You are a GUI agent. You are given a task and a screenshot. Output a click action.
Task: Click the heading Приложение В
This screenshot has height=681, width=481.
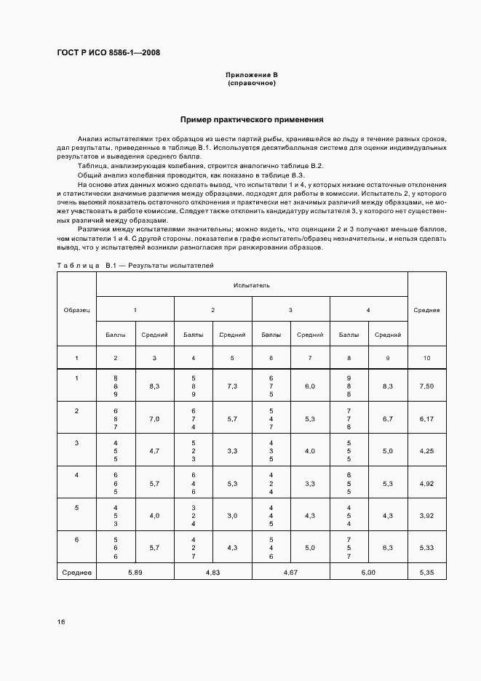[x=252, y=75]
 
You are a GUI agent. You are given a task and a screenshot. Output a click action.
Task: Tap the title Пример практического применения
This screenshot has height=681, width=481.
[x=252, y=119]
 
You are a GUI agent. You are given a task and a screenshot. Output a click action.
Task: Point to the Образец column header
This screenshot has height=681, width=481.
[x=76, y=310]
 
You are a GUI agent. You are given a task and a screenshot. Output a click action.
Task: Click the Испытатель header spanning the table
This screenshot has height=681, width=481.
[x=252, y=285]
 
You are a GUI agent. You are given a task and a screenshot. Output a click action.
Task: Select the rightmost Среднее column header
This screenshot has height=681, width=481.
[x=426, y=310]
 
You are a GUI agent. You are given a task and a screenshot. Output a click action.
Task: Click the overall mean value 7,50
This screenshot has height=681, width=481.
[x=426, y=386]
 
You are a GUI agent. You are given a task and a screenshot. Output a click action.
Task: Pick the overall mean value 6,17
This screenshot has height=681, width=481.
[x=426, y=419]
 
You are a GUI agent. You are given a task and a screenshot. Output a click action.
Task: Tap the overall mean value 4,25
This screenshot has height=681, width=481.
[x=426, y=451]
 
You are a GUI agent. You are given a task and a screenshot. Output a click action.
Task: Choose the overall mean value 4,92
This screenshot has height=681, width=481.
[x=426, y=483]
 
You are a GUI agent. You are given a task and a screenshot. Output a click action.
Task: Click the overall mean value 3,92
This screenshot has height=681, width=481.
[x=426, y=516]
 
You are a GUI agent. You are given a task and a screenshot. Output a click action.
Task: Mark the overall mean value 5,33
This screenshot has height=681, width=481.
[x=426, y=548]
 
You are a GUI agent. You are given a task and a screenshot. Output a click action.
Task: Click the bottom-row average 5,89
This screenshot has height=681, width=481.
[x=135, y=573]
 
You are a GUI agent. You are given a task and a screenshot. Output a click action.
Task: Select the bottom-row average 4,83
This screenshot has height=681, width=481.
[x=212, y=573]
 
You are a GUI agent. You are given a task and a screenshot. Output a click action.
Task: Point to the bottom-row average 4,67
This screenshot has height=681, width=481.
[x=290, y=573]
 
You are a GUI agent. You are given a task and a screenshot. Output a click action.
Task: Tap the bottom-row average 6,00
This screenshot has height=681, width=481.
[x=368, y=573]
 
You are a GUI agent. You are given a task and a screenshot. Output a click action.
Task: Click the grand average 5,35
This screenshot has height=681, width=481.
[x=426, y=573]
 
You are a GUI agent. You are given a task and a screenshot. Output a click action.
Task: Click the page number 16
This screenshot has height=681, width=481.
[x=61, y=622]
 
